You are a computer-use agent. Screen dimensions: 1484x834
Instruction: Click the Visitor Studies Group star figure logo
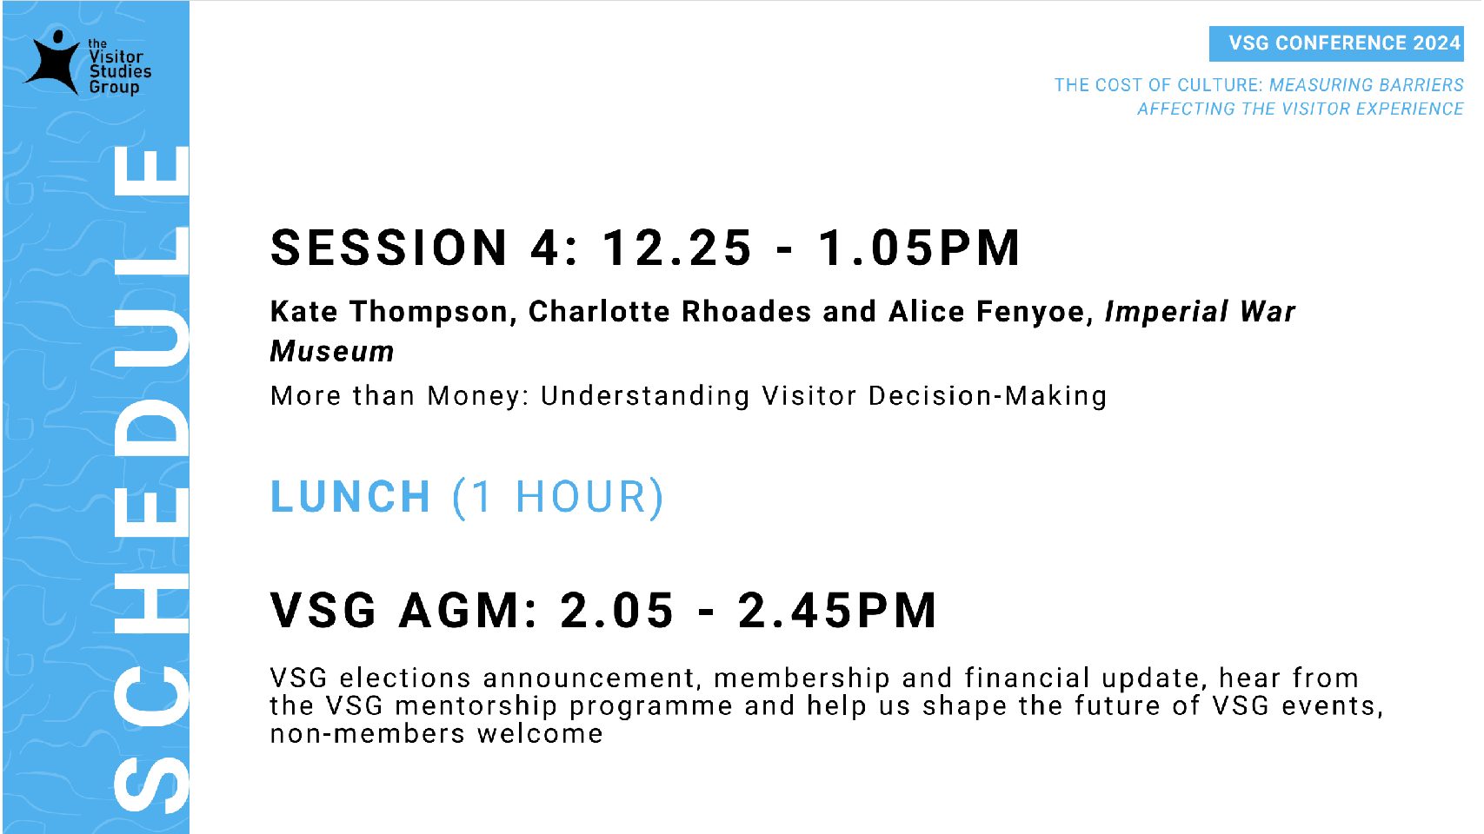53,63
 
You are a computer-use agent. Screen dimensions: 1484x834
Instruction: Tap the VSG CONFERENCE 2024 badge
1336,43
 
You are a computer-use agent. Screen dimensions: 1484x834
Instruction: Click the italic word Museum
332,352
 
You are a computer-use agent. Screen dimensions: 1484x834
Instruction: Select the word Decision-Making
987,396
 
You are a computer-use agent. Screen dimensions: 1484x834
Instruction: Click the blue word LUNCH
350,496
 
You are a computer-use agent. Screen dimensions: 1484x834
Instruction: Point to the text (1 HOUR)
558,497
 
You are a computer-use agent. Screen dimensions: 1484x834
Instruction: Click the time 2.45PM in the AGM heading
837,610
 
